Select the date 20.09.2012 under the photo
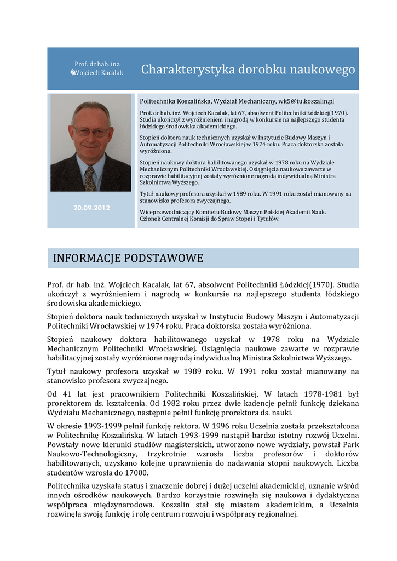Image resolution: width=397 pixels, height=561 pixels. [91, 208]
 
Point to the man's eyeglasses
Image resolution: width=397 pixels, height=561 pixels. [91, 131]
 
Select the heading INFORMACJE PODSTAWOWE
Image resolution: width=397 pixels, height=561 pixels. [128, 258]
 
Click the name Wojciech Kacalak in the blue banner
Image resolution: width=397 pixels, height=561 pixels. [99, 73]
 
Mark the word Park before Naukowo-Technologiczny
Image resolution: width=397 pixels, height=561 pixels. [350, 444]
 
